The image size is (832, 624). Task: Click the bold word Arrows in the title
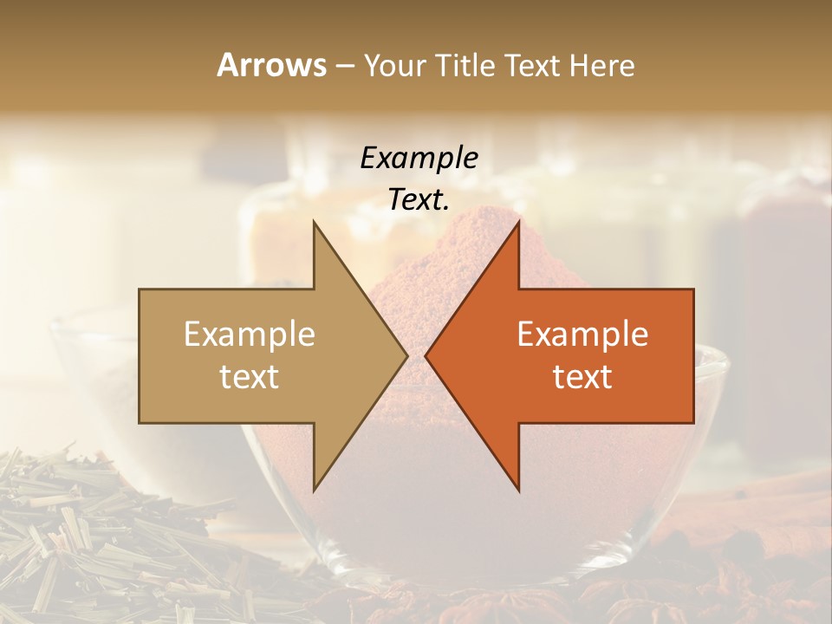pyautogui.click(x=271, y=66)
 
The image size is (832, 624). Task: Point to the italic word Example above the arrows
pyautogui.click(x=419, y=158)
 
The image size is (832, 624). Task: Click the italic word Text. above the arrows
pyautogui.click(x=419, y=200)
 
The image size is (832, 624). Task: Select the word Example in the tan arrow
pyautogui.click(x=250, y=335)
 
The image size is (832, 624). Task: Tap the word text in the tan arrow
pyautogui.click(x=250, y=377)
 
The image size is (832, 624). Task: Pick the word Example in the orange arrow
pyautogui.click(x=582, y=335)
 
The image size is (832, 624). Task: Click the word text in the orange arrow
pyautogui.click(x=582, y=377)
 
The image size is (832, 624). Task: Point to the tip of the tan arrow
pyautogui.click(x=406, y=355)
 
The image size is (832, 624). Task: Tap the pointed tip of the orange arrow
pyautogui.click(x=426, y=355)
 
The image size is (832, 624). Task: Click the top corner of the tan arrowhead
pyautogui.click(x=314, y=222)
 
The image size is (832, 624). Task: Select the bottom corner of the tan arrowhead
pyautogui.click(x=314, y=491)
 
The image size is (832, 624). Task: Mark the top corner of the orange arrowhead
pyautogui.click(x=518, y=222)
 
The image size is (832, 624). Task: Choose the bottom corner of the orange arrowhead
pyautogui.click(x=518, y=491)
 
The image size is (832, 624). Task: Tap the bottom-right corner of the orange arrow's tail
pyautogui.click(x=692, y=422)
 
